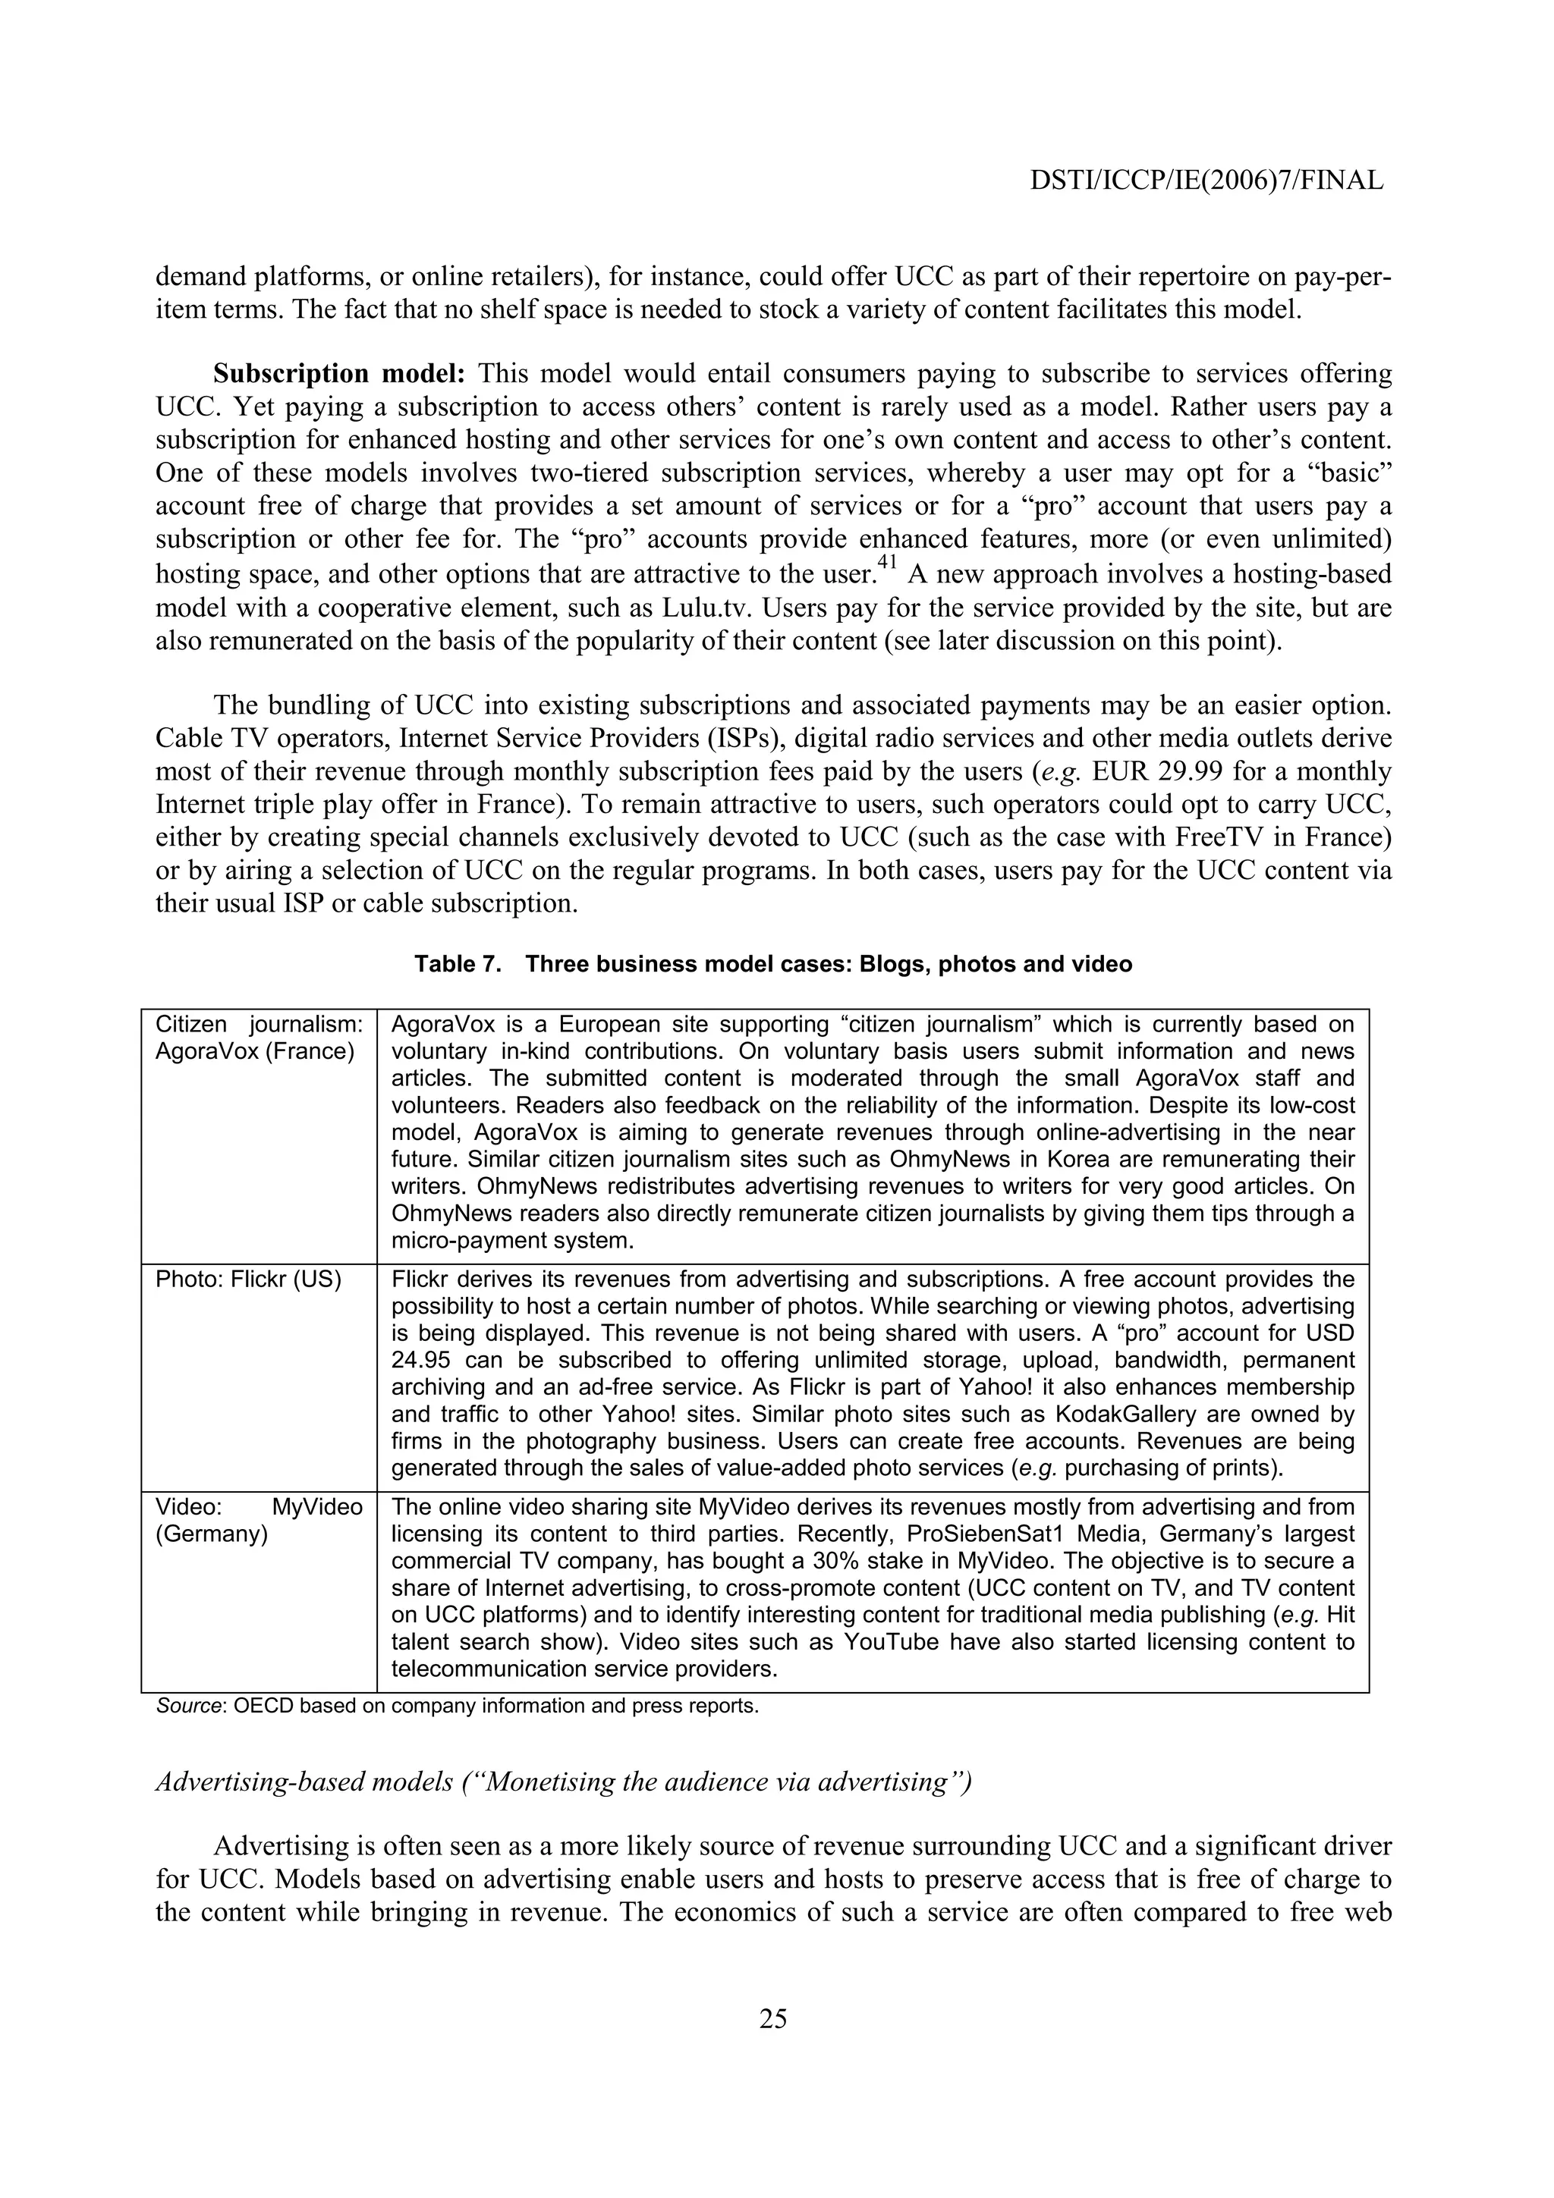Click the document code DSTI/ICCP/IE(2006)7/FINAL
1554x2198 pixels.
1206,180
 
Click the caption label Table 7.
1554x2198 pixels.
458,964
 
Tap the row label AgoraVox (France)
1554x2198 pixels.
255,1051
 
